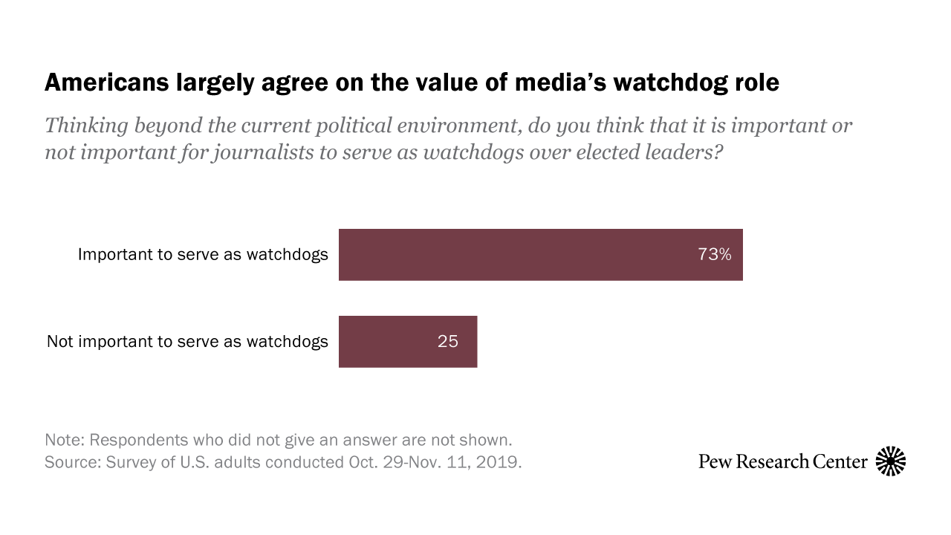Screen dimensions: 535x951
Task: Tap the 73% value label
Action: coord(714,254)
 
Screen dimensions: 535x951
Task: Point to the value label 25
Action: coord(447,342)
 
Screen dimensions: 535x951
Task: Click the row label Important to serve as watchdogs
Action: coord(203,254)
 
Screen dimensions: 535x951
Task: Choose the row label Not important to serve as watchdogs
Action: coord(187,342)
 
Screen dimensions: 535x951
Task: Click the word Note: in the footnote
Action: coord(65,438)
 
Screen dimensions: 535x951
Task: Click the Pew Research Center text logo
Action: coord(782,461)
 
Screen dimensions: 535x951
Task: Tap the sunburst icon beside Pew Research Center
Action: coord(891,461)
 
